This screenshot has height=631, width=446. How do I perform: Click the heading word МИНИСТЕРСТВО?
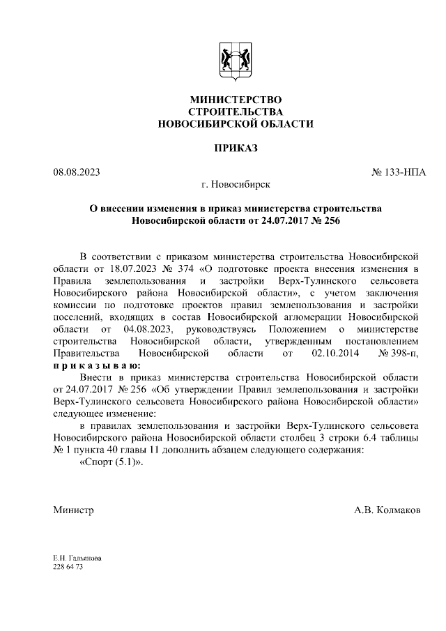click(x=236, y=100)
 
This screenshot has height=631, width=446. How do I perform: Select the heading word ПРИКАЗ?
click(x=236, y=148)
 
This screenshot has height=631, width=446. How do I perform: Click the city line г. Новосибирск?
click(x=236, y=184)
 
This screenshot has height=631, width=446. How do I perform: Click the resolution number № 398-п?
click(x=399, y=353)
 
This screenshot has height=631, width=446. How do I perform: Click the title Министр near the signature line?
click(x=73, y=510)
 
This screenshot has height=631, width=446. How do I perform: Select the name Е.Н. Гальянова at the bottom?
click(x=77, y=558)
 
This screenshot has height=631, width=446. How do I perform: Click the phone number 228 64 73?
click(x=68, y=568)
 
